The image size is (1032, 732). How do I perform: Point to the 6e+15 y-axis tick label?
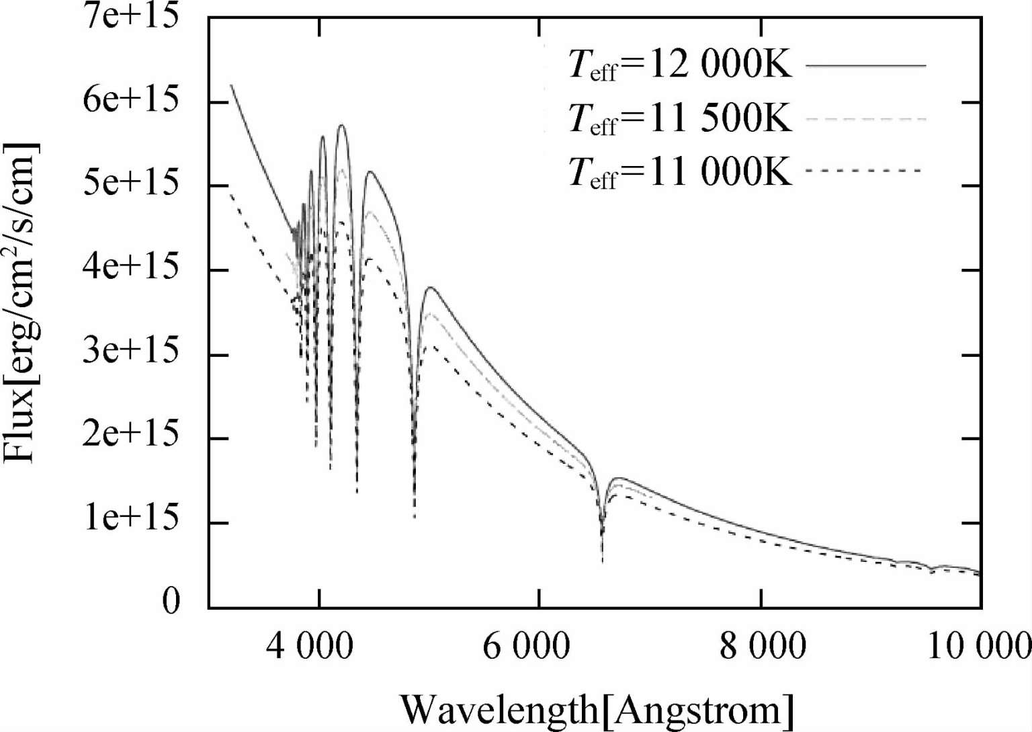(x=131, y=101)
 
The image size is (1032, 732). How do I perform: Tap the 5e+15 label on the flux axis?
(x=131, y=185)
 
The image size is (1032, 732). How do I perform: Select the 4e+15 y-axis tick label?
(x=131, y=269)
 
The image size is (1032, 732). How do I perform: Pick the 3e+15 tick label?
(x=131, y=354)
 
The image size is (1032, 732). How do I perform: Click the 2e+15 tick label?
(x=131, y=438)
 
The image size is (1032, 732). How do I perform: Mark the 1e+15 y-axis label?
(x=131, y=522)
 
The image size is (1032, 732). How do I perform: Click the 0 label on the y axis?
(x=172, y=600)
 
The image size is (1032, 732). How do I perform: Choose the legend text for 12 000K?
(x=681, y=66)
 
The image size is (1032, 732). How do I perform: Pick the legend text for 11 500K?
(x=681, y=119)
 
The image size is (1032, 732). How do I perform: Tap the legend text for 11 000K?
(x=681, y=172)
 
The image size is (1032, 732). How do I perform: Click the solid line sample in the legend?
(x=866, y=65)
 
